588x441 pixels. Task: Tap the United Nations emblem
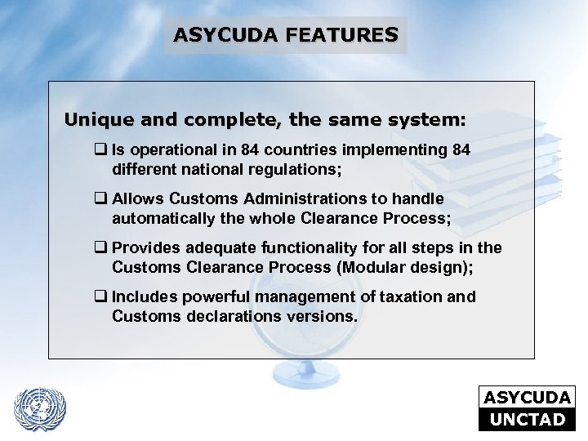(40, 406)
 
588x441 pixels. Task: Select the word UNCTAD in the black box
(528, 420)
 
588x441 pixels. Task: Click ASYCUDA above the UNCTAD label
(528, 398)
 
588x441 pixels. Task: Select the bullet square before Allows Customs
(101, 199)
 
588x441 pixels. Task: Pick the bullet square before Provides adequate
(101, 248)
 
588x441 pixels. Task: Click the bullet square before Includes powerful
(101, 297)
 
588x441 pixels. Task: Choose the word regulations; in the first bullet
(297, 171)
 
